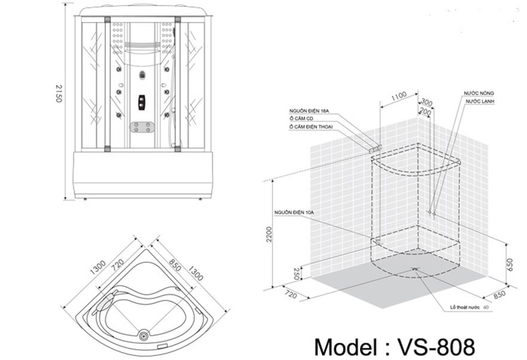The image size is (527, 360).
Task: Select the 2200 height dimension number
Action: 269,234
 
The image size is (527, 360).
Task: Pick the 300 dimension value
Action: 426,102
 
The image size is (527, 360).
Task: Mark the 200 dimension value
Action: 424,111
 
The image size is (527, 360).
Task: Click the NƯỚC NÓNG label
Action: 479,94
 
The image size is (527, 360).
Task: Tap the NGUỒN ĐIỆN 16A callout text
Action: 307,111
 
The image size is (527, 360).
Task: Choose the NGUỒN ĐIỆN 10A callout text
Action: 294,212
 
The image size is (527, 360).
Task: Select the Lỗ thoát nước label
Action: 465,307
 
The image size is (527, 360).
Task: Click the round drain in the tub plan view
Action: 144,336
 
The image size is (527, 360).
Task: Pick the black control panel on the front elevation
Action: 142,102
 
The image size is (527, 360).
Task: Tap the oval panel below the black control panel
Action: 142,127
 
